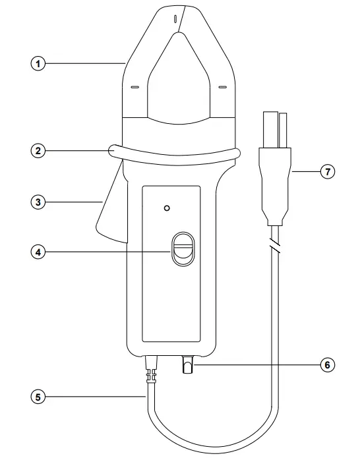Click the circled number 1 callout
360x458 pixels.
pyautogui.click(x=40, y=64)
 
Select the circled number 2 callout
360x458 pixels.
pyautogui.click(x=40, y=151)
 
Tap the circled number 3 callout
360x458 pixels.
pyautogui.click(x=40, y=202)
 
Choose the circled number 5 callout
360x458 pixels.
pyautogui.click(x=40, y=397)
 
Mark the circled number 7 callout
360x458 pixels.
pyautogui.click(x=328, y=172)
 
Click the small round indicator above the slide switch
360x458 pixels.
pyautogui.click(x=167, y=208)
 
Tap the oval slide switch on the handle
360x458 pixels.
pyautogui.click(x=181, y=250)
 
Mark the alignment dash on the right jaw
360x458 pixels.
pyautogui.click(x=222, y=86)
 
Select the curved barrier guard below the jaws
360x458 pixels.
pyautogui.click(x=175, y=156)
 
